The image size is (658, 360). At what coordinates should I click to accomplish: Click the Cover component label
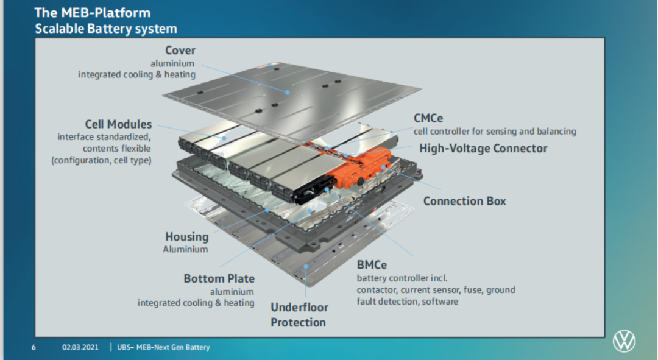tap(180, 51)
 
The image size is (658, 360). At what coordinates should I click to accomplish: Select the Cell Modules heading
tap(118, 124)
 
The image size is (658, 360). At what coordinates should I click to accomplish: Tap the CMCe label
tap(432, 118)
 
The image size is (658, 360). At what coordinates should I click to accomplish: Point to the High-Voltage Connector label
tap(483, 148)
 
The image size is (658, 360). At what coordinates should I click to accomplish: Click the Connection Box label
tap(464, 201)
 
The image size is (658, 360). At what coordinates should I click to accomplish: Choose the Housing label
tap(186, 236)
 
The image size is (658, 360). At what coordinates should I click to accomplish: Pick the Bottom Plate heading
tap(219, 278)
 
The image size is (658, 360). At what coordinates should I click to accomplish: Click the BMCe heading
tap(372, 265)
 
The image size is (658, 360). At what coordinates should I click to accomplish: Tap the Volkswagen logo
tap(624, 341)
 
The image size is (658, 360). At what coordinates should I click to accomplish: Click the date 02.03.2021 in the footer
tap(80, 347)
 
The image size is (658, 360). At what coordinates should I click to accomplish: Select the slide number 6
tap(34, 347)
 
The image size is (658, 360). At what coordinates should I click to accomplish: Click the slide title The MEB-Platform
tap(92, 13)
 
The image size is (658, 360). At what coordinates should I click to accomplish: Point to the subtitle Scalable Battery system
tap(106, 28)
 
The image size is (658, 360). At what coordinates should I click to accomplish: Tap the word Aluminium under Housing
tap(185, 249)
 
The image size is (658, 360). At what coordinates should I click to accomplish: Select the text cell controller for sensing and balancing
tap(495, 131)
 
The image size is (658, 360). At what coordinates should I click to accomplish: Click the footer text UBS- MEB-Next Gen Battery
tap(163, 347)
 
